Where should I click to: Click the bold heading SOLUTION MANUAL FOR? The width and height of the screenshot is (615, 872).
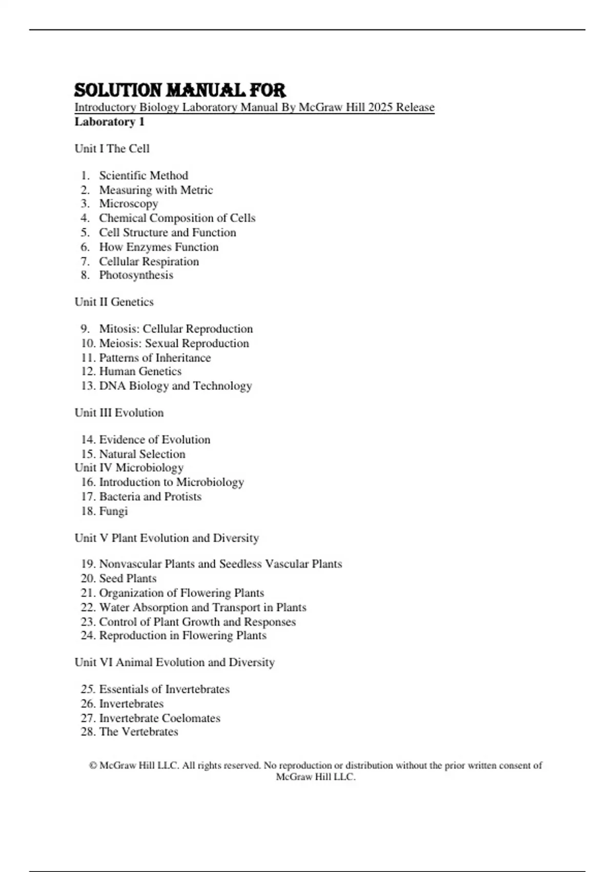[x=179, y=91]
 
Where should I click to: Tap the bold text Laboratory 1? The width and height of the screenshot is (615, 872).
[x=110, y=122]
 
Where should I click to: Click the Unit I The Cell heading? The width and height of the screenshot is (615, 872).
[x=112, y=149]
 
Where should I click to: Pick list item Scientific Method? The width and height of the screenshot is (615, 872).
[x=143, y=175]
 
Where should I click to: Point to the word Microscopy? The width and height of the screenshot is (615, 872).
[x=129, y=204]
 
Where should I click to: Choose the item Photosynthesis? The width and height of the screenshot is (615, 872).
[x=136, y=275]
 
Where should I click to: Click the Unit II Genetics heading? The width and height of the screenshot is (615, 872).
[x=114, y=302]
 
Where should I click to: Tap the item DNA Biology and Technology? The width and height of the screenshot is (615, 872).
[x=175, y=386]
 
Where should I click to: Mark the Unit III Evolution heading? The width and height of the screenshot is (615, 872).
[x=119, y=413]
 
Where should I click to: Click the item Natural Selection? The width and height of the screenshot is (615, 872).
[x=142, y=454]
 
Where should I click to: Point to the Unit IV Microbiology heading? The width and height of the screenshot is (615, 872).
[x=129, y=468]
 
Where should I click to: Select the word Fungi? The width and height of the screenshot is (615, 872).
[x=113, y=511]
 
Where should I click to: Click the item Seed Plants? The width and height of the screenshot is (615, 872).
[x=128, y=579]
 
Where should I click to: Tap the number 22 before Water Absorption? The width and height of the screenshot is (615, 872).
[x=88, y=607]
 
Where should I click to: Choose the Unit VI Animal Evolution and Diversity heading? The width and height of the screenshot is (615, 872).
[x=175, y=663]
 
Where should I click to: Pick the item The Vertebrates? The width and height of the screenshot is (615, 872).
[x=138, y=732]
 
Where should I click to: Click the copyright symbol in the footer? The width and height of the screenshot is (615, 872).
[x=93, y=766]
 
